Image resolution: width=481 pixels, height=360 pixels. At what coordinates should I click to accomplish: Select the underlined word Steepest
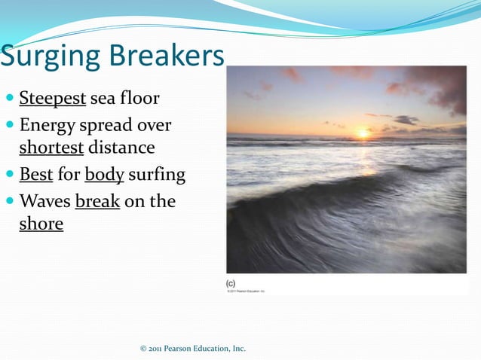(52, 99)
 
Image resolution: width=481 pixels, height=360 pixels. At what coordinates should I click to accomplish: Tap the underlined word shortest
(51, 147)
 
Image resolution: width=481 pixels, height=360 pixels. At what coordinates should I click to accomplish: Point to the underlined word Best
(36, 175)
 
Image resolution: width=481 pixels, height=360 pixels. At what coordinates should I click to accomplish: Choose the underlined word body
(104, 175)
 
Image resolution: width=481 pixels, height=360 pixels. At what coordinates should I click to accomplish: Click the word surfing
(156, 175)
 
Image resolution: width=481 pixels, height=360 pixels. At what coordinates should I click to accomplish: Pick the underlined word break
(97, 201)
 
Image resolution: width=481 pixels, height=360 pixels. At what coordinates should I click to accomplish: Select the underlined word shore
(41, 224)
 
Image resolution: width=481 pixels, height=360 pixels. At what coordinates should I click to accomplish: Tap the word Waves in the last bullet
(44, 201)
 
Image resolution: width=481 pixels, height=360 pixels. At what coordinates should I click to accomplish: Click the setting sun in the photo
(363, 133)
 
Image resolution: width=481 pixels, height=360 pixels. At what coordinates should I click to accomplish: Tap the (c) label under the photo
(231, 282)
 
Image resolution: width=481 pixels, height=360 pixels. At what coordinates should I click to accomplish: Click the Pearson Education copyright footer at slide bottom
(193, 348)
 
